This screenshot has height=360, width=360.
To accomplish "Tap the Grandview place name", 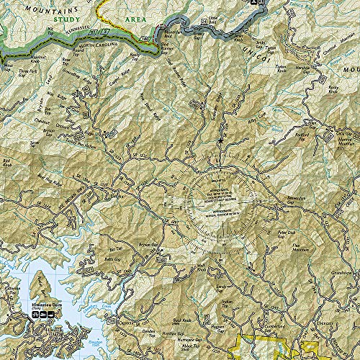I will click(344, 274).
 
